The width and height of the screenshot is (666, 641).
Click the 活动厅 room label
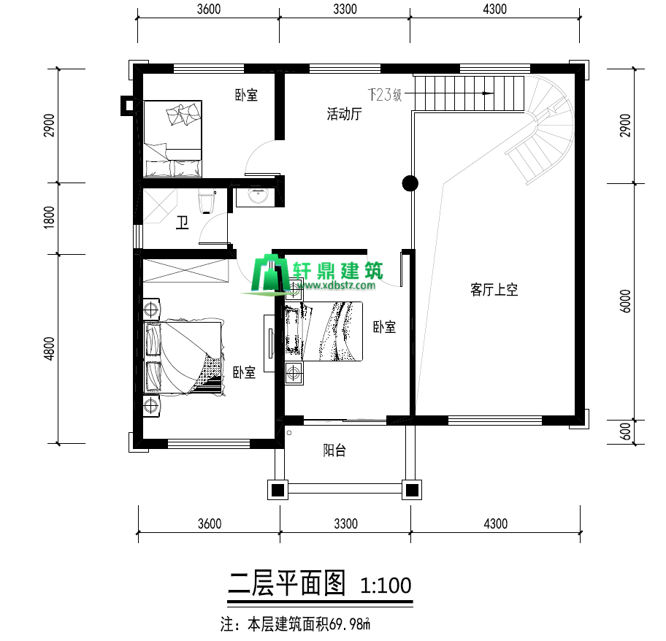[344, 114]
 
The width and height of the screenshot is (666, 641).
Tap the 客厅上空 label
[494, 290]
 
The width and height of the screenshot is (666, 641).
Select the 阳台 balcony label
[334, 450]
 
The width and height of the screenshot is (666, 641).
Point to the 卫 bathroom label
[183, 223]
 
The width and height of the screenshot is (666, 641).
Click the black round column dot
[410, 183]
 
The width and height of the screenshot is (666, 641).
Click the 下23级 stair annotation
[385, 94]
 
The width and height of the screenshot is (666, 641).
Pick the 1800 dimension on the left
[49, 218]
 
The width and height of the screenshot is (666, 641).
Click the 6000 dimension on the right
[625, 301]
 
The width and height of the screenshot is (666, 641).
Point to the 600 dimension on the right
[625, 431]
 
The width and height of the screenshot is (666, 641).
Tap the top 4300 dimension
[495, 9]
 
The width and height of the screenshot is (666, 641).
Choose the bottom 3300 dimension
[345, 524]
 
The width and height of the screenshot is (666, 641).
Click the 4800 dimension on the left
[49, 348]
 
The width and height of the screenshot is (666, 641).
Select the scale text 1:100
[386, 585]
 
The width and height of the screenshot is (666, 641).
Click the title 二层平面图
[288, 583]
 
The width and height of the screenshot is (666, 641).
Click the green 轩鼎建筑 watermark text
[337, 270]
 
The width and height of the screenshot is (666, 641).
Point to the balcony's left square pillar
[277, 490]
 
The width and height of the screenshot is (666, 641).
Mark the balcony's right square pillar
[412, 490]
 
